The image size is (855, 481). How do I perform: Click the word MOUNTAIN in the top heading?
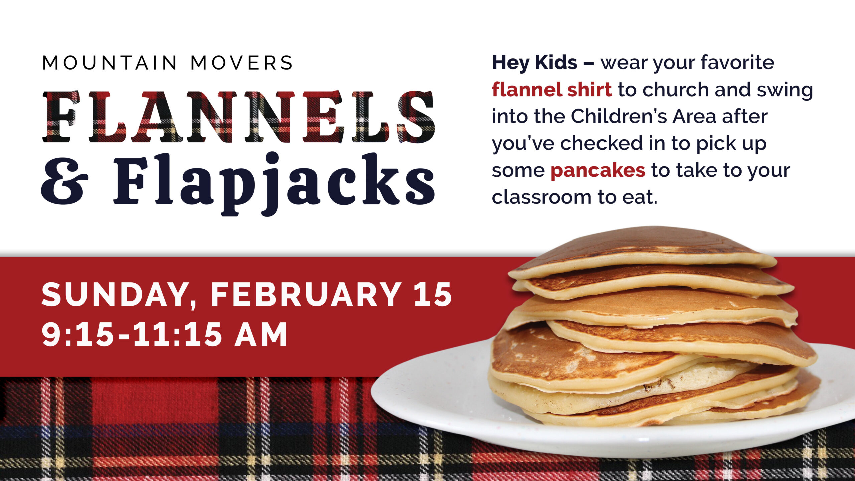coord(110,63)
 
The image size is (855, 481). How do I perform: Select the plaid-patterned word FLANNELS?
coord(238,117)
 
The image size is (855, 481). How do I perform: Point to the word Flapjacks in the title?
coord(274,184)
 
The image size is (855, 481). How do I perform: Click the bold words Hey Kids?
coord(534,63)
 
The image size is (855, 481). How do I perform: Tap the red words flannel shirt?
coord(552,90)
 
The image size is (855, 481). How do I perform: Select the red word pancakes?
coord(598,171)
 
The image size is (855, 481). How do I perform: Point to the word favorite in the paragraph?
coord(737,63)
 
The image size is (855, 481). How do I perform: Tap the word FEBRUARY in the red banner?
coord(306,294)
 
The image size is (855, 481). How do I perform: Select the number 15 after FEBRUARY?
coord(433,294)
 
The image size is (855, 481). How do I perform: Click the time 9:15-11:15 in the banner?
coord(131,334)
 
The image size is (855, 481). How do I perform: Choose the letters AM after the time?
coord(261,334)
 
